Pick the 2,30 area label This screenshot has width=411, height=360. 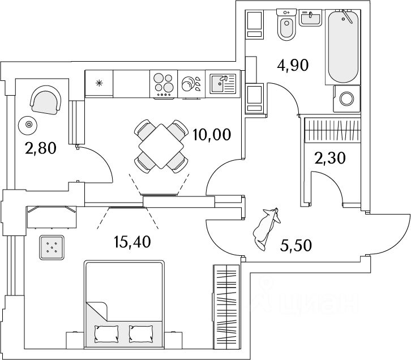[x=330, y=158]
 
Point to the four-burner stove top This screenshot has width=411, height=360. [x=164, y=84]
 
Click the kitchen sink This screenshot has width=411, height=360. [x=220, y=84]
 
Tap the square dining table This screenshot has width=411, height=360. [x=161, y=146]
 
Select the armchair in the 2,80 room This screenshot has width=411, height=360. [x=45, y=100]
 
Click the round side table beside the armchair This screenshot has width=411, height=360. [x=26, y=124]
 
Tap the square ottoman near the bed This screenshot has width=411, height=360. [x=52, y=247]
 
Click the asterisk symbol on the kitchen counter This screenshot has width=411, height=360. [x=100, y=84]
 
